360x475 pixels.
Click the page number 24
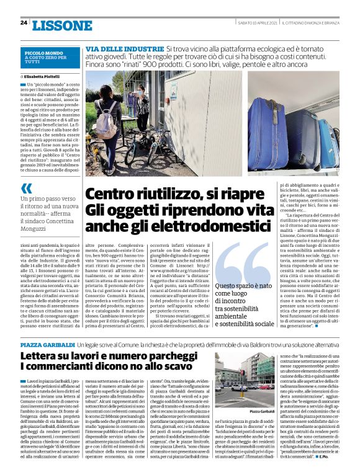coord(24,23)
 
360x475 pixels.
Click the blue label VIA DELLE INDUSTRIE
coord(124,48)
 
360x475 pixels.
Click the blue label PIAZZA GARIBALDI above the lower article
coord(48,344)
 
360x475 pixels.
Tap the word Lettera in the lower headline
coord(42,357)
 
